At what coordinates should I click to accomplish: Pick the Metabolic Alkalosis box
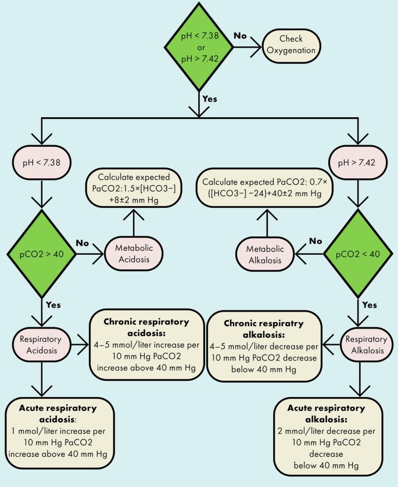(265, 254)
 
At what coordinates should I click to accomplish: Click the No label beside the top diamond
(241, 35)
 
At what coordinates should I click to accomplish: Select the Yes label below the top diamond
(209, 98)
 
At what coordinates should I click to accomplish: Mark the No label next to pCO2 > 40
(83, 243)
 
